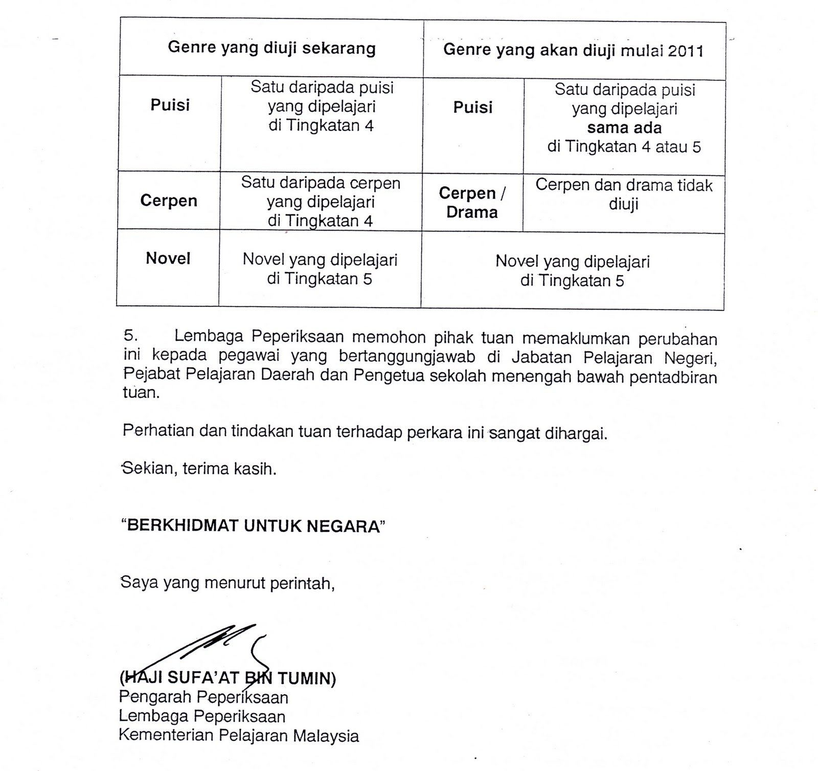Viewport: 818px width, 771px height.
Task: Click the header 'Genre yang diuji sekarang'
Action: click(x=271, y=49)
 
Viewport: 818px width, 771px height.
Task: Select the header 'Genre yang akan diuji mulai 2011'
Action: click(x=573, y=50)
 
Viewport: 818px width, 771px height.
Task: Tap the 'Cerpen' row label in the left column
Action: click(x=169, y=201)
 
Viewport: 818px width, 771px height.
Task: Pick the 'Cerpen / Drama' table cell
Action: click(x=472, y=203)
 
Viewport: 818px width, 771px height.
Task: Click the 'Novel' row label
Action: click(x=168, y=258)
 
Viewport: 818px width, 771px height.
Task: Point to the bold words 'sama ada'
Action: click(x=624, y=128)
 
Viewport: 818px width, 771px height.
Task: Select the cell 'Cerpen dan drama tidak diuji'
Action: click(x=624, y=194)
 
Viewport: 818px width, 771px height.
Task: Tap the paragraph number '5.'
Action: click(x=131, y=336)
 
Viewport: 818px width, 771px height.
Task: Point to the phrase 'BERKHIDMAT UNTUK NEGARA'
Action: click(x=253, y=526)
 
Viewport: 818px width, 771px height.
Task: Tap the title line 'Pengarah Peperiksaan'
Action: click(x=203, y=697)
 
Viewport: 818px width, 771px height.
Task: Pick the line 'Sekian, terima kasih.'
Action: click(x=199, y=469)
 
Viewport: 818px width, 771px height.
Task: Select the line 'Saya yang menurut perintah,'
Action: click(x=227, y=582)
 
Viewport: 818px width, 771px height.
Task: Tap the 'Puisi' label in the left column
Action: click(x=170, y=105)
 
